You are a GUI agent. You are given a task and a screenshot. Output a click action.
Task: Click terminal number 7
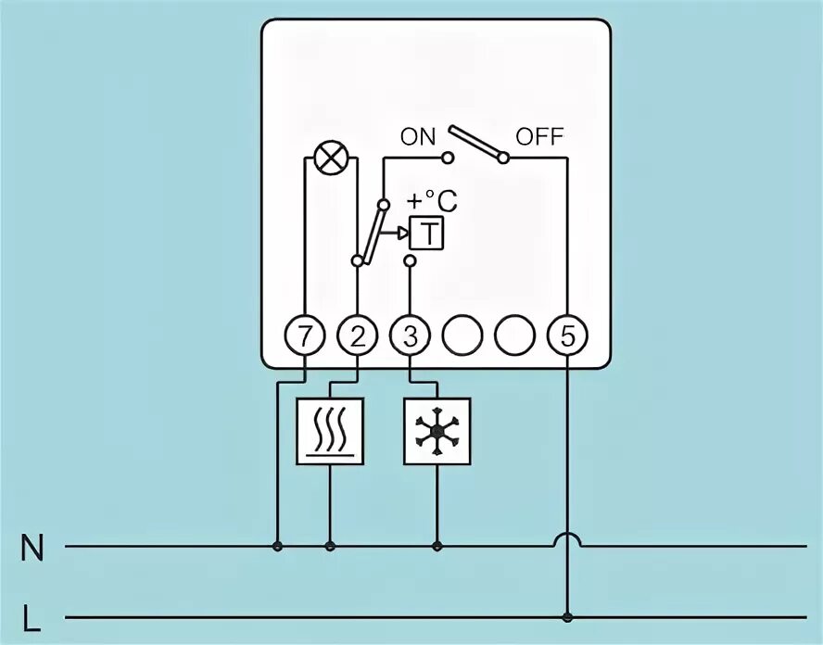click(305, 336)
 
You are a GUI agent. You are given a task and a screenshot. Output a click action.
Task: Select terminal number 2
click(358, 336)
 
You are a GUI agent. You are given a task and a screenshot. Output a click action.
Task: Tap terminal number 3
click(411, 336)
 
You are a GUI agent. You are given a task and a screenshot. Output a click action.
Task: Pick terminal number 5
click(567, 336)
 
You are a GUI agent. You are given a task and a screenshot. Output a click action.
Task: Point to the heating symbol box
click(330, 431)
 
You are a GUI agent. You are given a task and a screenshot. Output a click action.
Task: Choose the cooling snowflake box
click(437, 431)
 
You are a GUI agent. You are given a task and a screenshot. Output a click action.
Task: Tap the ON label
click(417, 137)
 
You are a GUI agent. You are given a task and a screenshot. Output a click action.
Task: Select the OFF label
click(539, 137)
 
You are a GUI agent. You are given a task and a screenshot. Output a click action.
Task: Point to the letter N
click(32, 549)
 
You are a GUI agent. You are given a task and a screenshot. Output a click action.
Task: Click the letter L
click(32, 618)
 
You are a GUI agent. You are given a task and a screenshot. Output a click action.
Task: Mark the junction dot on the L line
click(567, 616)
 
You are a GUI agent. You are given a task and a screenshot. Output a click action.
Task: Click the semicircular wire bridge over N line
click(567, 538)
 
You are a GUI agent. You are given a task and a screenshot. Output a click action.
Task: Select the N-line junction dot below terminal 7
click(277, 547)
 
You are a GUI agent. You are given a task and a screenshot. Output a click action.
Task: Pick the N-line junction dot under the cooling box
click(437, 547)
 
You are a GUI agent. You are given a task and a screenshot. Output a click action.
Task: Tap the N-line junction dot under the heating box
click(330, 547)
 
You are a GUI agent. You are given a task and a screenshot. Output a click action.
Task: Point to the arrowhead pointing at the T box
click(403, 234)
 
